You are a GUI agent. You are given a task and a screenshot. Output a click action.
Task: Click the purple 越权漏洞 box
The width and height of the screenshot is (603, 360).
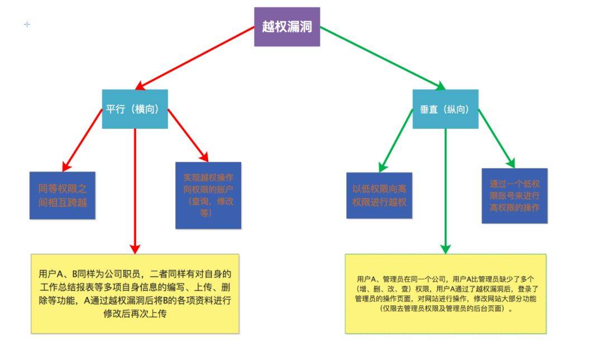pyautogui.click(x=287, y=27)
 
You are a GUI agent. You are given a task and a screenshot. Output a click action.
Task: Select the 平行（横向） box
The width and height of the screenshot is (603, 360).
pyautogui.click(x=135, y=109)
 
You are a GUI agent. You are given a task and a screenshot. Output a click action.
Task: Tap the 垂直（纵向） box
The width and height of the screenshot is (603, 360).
pyautogui.click(x=445, y=109)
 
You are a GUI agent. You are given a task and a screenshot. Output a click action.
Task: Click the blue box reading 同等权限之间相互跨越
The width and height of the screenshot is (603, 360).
pyautogui.click(x=63, y=195)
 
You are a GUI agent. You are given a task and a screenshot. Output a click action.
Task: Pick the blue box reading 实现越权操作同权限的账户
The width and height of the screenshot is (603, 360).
pyautogui.click(x=208, y=195)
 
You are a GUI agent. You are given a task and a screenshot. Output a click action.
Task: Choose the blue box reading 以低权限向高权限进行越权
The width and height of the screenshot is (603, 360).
pyautogui.click(x=379, y=195)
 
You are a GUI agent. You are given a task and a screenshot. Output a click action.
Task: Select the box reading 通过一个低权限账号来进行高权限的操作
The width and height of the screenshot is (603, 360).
pyautogui.click(x=514, y=196)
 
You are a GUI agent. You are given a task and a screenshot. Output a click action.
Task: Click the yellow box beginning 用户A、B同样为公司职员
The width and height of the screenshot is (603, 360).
pyautogui.click(x=135, y=294)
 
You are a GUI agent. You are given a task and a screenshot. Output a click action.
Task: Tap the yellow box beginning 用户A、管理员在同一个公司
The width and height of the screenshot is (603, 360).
pyautogui.click(x=446, y=294)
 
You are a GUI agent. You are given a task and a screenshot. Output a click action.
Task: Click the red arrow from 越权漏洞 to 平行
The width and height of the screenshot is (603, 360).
pyautogui.click(x=195, y=58)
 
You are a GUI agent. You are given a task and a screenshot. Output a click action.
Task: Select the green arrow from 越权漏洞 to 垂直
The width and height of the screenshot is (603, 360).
pyautogui.click(x=382, y=58)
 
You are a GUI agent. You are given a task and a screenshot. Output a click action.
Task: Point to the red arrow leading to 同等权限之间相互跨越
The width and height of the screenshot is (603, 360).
pyautogui.click(x=83, y=140)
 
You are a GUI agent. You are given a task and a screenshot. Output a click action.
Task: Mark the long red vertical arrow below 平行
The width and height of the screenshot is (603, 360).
pyautogui.click(x=135, y=190)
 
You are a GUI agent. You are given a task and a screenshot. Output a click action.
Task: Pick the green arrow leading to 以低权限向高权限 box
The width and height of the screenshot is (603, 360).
pyautogui.click(x=396, y=140)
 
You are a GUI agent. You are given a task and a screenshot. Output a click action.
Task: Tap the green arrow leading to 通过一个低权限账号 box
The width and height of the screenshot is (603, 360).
pyautogui.click(x=496, y=137)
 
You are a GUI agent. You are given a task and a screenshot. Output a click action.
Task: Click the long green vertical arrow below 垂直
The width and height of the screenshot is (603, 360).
pyautogui.click(x=445, y=190)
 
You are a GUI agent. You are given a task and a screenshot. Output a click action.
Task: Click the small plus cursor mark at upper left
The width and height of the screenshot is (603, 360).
pyautogui.click(x=27, y=24)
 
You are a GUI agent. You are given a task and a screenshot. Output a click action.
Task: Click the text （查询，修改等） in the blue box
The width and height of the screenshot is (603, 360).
pyautogui.click(x=208, y=207)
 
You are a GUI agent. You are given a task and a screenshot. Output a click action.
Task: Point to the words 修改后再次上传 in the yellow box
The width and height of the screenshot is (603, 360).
pyautogui.click(x=135, y=314)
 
